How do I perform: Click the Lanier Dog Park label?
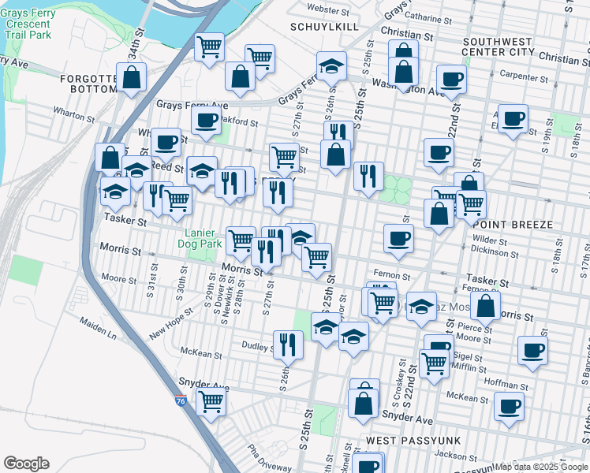[203, 238]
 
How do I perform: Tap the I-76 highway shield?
[181, 400]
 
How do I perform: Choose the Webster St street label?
[328, 10]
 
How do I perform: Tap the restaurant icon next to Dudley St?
[288, 344]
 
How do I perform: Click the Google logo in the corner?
[26, 464]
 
